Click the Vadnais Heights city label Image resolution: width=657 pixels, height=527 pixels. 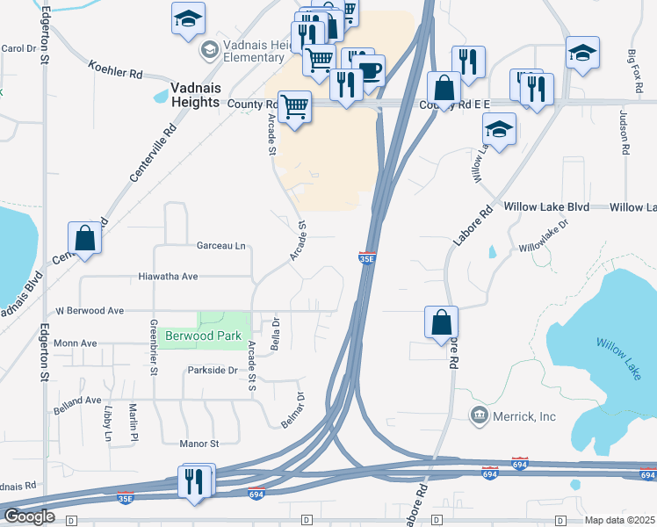tap(183, 96)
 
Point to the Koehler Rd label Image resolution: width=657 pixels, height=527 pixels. tap(115, 69)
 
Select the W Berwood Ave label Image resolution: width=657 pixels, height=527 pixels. tap(102, 310)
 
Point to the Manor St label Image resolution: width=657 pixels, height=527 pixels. tap(199, 444)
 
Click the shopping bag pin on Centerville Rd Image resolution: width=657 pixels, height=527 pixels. tap(84, 238)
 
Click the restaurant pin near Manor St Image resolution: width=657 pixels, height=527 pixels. tap(196, 481)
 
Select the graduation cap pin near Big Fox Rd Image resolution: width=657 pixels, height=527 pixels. tap(582, 53)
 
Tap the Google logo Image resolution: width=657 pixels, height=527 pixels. tap(29, 516)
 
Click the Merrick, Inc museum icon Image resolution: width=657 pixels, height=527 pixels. tap(480, 415)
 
